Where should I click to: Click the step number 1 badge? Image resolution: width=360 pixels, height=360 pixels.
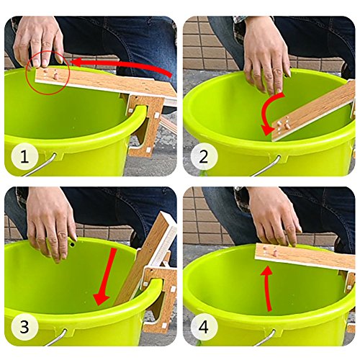click(24, 157)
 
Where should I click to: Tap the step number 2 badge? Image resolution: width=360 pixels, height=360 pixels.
click(204, 157)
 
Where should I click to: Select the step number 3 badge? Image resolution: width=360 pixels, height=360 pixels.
click(24, 327)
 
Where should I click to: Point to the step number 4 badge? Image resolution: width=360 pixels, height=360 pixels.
click(204, 327)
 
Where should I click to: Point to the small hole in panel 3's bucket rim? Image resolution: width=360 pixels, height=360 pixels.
click(72, 244)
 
